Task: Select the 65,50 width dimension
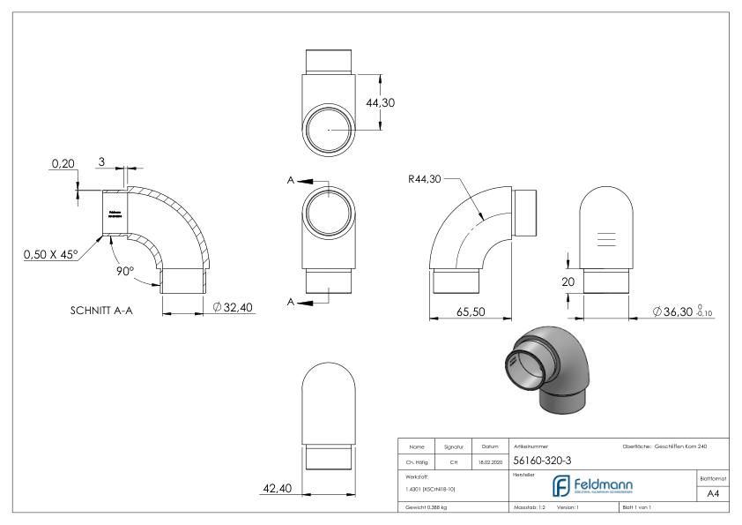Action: pos(470,311)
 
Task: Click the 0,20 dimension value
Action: pos(63,164)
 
